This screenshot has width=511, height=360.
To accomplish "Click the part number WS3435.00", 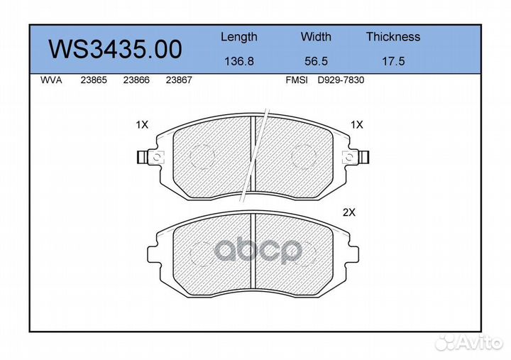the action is (x=115, y=50).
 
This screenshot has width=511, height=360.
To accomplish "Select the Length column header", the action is (x=239, y=37).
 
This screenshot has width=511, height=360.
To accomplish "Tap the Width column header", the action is (x=316, y=36).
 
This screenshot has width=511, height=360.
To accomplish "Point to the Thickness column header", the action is (x=393, y=36).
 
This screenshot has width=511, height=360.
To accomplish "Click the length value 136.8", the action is (x=239, y=61).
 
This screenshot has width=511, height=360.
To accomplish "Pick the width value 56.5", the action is (x=316, y=61).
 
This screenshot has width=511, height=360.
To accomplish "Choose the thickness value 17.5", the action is (x=393, y=61).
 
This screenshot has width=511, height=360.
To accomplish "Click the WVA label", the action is (x=51, y=80).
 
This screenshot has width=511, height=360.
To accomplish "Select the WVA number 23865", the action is (x=94, y=80).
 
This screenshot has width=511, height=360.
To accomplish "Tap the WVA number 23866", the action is (x=136, y=80).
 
